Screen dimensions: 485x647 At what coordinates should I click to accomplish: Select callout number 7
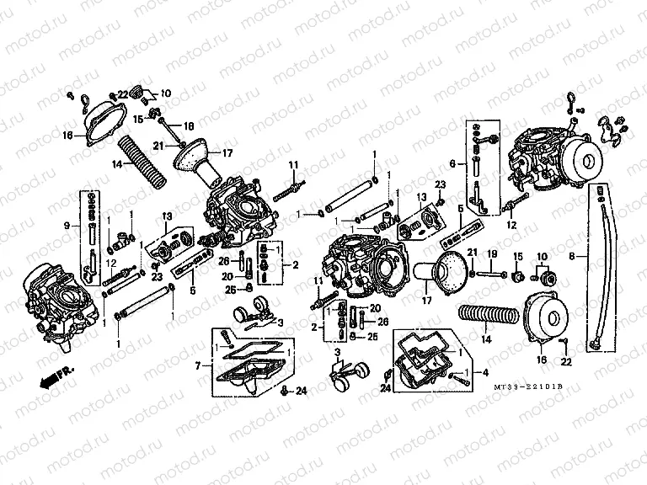point(198,366)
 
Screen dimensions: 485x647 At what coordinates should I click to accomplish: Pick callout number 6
point(453,164)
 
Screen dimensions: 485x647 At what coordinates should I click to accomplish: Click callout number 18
point(189,125)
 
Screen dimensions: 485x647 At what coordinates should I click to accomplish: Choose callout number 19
point(493,253)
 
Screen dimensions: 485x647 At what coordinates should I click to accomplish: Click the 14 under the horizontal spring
point(484,341)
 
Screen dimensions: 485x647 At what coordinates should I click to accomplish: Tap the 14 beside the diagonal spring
point(118,165)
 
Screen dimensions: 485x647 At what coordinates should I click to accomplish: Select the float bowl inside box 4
point(421,359)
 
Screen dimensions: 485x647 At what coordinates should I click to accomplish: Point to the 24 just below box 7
point(302,390)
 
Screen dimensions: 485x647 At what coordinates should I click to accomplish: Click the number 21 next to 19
point(473,253)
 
